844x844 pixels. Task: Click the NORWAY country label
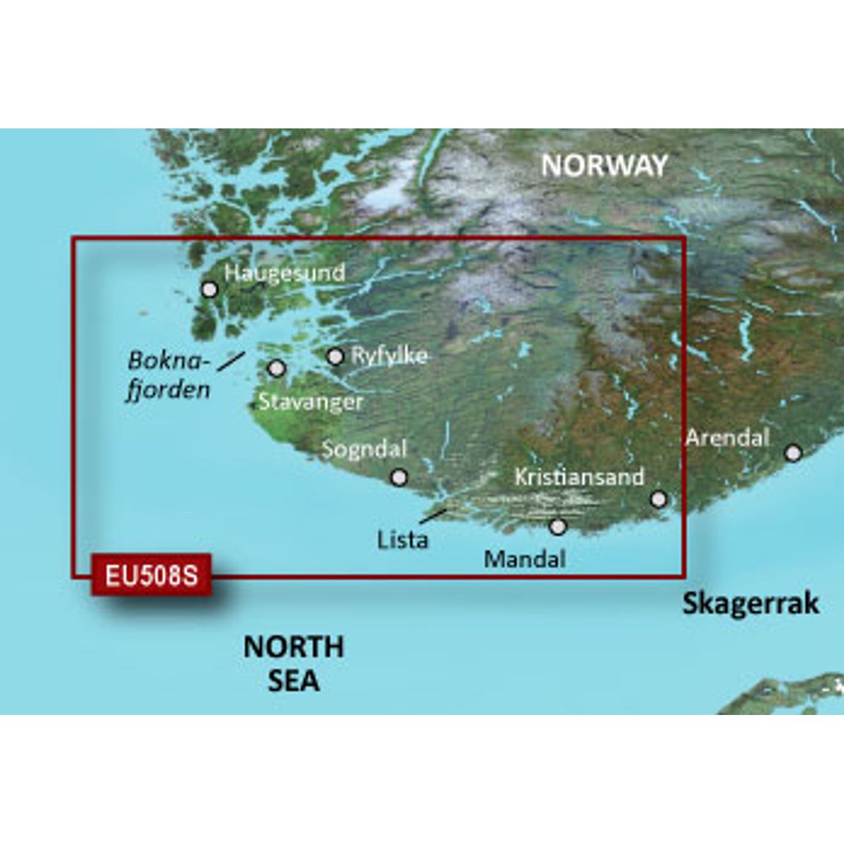click(604, 165)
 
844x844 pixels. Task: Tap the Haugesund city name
click(285, 272)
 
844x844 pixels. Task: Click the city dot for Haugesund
click(209, 290)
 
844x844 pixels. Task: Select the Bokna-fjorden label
click(169, 375)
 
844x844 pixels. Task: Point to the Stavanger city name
click(310, 402)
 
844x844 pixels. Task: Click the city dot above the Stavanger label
click(277, 368)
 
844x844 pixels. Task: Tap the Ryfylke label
click(389, 356)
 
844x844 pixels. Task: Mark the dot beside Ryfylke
click(335, 357)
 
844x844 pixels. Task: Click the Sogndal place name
click(365, 449)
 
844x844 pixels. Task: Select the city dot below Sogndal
click(398, 477)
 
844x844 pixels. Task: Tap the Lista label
click(403, 540)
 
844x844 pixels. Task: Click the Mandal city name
click(524, 559)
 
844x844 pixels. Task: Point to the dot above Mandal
click(558, 527)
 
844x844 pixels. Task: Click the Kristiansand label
click(579, 477)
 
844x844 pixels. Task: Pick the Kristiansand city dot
click(660, 499)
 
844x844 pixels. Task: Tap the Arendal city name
click(728, 438)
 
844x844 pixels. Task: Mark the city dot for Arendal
click(793, 453)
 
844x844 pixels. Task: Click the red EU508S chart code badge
click(151, 575)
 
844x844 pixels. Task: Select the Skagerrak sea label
click(751, 603)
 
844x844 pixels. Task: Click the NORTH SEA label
click(294, 663)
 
